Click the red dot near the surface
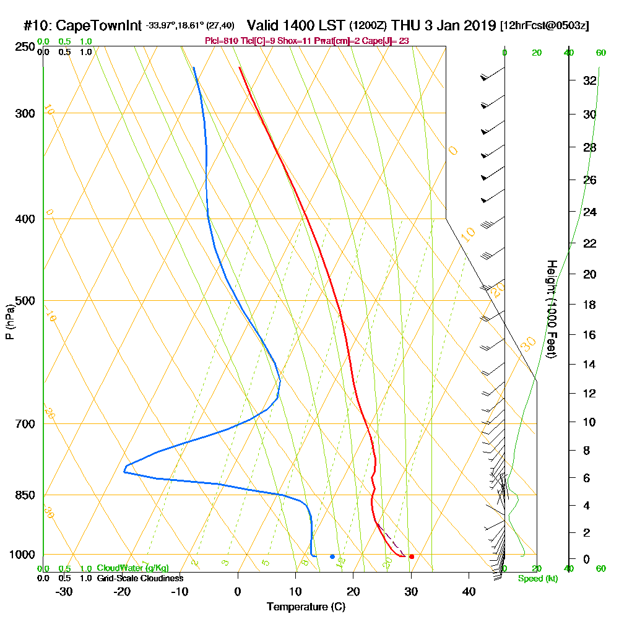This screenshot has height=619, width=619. tap(412, 556)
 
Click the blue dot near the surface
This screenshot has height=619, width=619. tap(332, 556)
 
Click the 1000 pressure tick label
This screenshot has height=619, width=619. tap(22, 555)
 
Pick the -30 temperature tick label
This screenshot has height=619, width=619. tap(64, 591)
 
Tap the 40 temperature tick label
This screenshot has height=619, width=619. tap(469, 591)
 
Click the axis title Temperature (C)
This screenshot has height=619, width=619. tap(306, 607)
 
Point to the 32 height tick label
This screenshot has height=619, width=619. tap(589, 80)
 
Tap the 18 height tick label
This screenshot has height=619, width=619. tap(589, 305)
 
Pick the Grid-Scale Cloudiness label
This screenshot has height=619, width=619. tap(139, 578)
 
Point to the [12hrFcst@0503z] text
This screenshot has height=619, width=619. tap(545, 27)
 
